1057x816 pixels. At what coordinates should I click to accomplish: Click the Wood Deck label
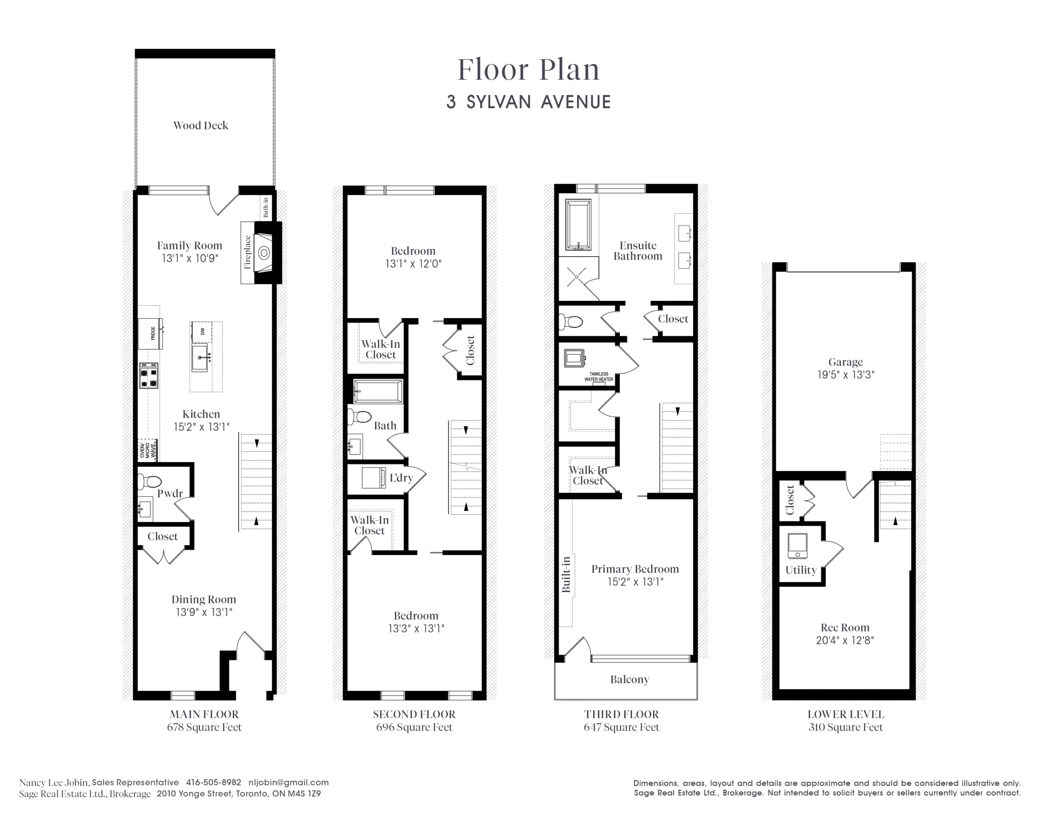tap(201, 126)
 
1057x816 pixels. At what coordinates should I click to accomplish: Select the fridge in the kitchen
tap(151, 333)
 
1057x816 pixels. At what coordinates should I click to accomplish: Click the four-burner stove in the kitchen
tap(149, 376)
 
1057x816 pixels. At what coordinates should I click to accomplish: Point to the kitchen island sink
tap(200, 357)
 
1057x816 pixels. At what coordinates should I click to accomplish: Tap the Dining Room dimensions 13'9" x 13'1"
tap(204, 612)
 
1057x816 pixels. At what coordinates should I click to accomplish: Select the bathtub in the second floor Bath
tap(378, 391)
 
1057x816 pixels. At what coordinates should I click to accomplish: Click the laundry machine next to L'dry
tap(374, 477)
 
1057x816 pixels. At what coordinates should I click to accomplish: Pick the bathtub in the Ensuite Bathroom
tap(578, 225)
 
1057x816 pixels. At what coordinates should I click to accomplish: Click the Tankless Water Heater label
tap(599, 376)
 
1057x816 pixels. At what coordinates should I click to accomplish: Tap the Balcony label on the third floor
tap(630, 679)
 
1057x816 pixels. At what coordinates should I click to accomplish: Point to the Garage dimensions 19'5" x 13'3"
tap(846, 375)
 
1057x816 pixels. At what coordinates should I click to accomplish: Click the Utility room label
tap(801, 570)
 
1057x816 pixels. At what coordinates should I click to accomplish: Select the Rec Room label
tap(845, 627)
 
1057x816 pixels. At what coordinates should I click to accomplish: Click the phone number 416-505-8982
tap(213, 782)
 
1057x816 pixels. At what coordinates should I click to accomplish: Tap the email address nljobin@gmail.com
tap(289, 782)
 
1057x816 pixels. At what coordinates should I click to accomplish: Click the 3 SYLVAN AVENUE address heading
tap(528, 102)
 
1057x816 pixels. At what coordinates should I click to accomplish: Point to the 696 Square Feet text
tap(414, 727)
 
